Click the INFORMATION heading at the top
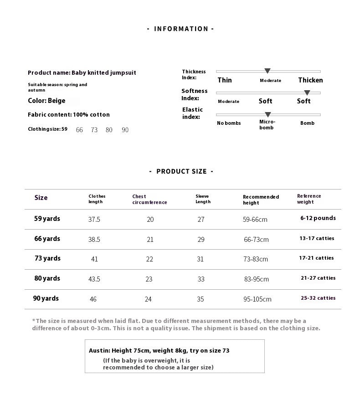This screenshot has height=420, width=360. tap(180, 29)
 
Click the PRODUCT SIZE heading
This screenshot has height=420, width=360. tap(181, 171)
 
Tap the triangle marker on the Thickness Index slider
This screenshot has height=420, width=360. tap(267, 71)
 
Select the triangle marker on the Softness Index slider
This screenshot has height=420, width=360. tap(307, 93)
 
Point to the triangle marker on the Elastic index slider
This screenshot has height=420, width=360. tap(268, 115)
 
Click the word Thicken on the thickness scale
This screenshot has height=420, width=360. tap(310, 80)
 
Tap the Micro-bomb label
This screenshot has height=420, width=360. tap(267, 124)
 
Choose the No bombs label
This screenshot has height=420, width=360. tap(229, 123)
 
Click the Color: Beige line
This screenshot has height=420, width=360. tap(46, 101)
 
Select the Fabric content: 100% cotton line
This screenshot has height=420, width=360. tap(68, 115)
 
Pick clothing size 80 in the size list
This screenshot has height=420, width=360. tap(109, 130)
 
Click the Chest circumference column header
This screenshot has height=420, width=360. tap(149, 200)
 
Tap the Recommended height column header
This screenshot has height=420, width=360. tap(261, 200)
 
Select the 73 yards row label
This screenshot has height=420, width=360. tap(47, 258)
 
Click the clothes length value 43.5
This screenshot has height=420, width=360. tap(94, 279)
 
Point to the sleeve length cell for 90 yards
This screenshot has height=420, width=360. tap(201, 299)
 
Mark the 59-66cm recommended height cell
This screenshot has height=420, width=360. tap(255, 220)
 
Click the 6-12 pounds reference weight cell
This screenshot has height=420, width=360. tap(318, 218)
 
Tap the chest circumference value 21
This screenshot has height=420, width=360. tap(150, 240)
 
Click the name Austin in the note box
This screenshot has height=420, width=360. tap(99, 351)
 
